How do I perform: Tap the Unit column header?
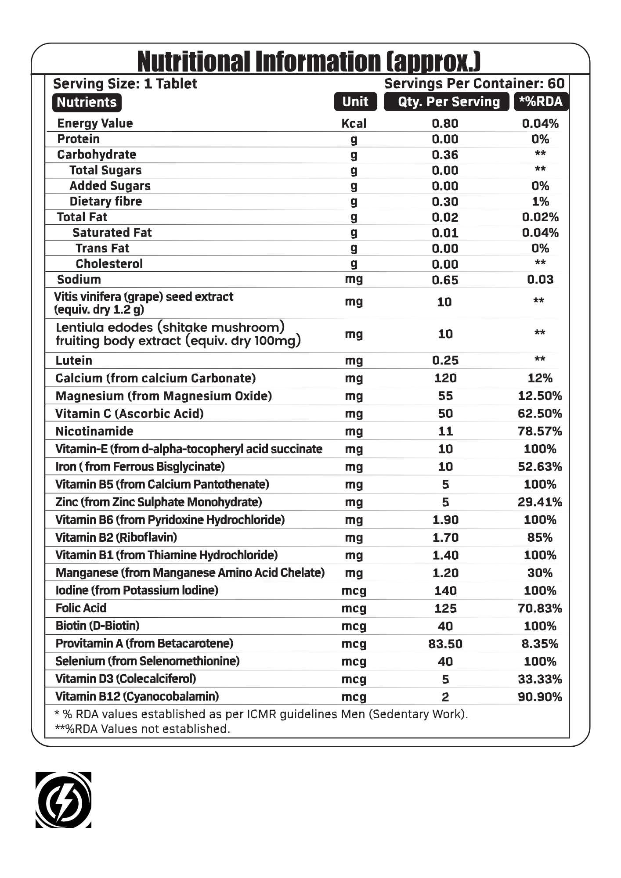[355, 102]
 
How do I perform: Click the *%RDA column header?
[541, 102]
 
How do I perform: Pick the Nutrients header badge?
[87, 102]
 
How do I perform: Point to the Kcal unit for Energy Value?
[354, 124]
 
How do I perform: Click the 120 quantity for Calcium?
[445, 378]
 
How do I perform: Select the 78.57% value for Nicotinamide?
[540, 431]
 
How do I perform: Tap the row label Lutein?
[74, 360]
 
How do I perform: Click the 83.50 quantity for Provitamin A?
[445, 644]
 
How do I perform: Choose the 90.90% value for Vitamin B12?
[540, 697]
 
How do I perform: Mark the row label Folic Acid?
[81, 608]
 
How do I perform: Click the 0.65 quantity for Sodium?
[445, 280]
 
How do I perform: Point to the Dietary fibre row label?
[106, 202]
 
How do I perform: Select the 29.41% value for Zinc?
[540, 502]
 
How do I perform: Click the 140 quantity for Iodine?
[445, 590]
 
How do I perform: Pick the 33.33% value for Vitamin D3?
[540, 679]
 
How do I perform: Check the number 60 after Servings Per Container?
[556, 83]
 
